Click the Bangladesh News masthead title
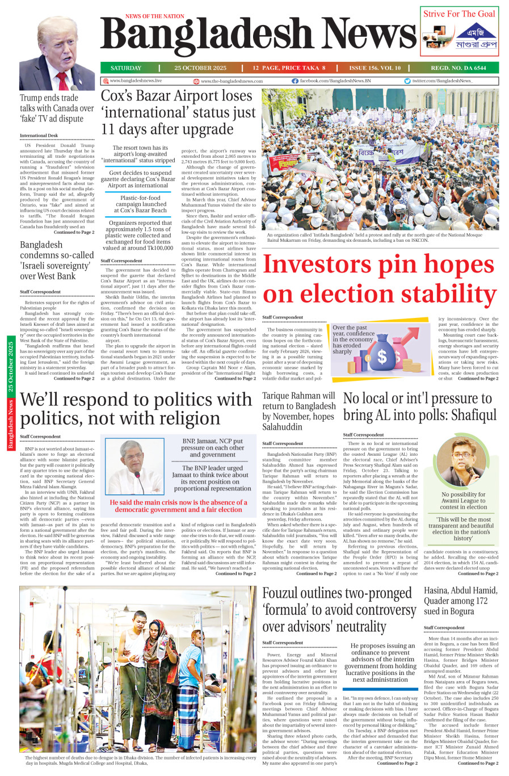tap(258, 35)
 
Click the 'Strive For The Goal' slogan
tap(458, 14)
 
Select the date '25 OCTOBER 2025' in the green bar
tap(200, 68)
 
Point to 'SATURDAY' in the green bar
tap(126, 68)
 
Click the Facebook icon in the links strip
tap(295, 81)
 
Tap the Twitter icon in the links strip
tap(407, 81)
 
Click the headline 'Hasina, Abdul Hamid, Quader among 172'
tap(460, 601)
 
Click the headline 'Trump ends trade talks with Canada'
tap(57, 108)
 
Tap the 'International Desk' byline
tap(39, 136)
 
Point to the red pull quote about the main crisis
tap(178, 506)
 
